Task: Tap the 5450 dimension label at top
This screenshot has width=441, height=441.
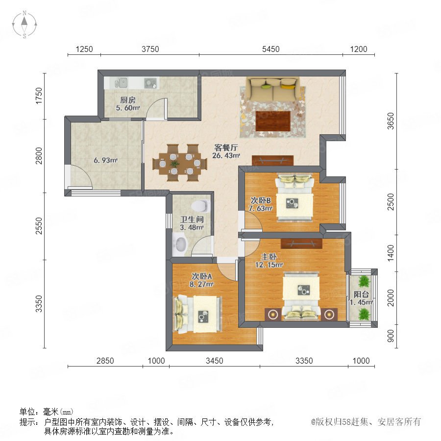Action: (270, 49)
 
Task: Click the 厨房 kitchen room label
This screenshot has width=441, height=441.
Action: (128, 100)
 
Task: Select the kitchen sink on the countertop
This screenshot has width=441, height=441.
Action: (121, 83)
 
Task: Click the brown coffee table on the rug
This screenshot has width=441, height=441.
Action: (273, 121)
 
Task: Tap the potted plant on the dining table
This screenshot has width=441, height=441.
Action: (174, 163)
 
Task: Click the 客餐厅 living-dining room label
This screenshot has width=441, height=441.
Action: (226, 147)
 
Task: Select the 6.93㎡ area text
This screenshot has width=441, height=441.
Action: (105, 160)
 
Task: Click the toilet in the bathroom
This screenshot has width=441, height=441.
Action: (200, 206)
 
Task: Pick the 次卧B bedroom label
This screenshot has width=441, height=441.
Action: (261, 200)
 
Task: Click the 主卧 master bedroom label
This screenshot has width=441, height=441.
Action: (269, 256)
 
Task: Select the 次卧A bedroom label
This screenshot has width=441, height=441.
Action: (202, 276)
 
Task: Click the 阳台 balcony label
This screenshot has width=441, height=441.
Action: (361, 294)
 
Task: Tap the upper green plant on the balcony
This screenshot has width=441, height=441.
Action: (364, 281)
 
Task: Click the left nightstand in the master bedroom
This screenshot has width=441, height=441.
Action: (273, 314)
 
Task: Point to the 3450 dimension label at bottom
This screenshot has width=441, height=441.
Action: (214, 361)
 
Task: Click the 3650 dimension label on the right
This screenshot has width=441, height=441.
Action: (391, 121)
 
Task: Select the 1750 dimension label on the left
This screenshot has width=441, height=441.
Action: (39, 96)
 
